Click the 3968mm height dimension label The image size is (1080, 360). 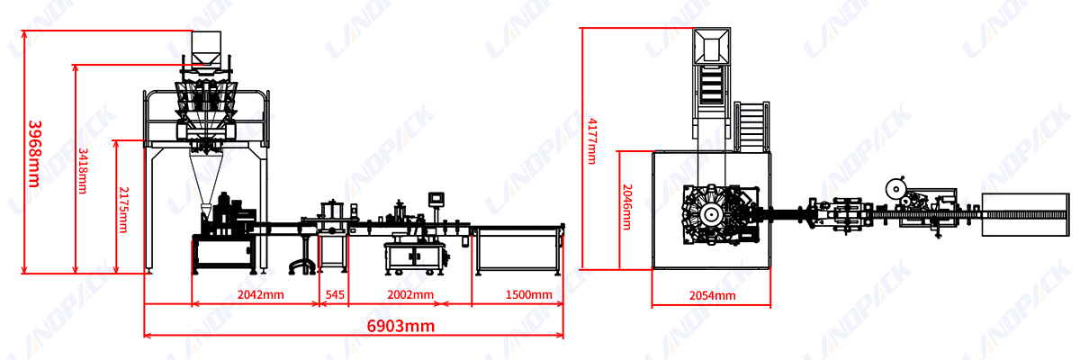click(35, 154)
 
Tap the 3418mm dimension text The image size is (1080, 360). click(83, 171)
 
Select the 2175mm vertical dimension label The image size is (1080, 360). click(123, 210)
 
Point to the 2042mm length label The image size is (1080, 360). click(260, 294)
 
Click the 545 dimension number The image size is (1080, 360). click(335, 294)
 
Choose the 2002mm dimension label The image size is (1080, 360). click(410, 294)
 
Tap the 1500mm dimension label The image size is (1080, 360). click(529, 294)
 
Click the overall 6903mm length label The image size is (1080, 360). click(400, 326)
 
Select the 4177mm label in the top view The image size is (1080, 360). click(592, 141)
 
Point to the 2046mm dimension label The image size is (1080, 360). click(626, 207)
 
